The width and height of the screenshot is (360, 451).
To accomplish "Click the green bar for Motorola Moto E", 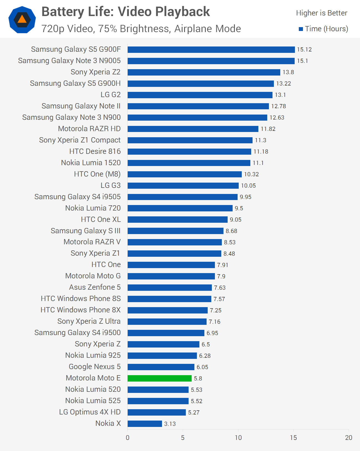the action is click(x=160, y=378).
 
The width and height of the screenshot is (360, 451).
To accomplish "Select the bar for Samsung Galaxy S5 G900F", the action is click(x=211, y=50).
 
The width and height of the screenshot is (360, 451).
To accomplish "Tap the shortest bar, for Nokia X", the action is click(x=145, y=424).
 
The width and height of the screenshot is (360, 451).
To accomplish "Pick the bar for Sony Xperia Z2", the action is click(x=204, y=72).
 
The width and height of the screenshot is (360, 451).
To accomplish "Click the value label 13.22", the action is click(x=283, y=84).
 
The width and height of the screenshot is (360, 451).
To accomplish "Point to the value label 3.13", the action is click(x=170, y=424).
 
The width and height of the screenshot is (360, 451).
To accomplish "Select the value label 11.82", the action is click(x=268, y=129).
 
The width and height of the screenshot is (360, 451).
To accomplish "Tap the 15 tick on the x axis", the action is click(x=293, y=438).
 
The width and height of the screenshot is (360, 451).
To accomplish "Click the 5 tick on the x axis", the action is click(x=183, y=438).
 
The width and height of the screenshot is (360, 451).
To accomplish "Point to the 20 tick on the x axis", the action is click(x=349, y=438).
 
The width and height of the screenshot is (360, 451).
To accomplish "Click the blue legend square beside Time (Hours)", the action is click(x=301, y=29).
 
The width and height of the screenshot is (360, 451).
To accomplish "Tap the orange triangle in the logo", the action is click(x=22, y=19).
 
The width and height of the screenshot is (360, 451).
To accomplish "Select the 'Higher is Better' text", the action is click(x=322, y=13).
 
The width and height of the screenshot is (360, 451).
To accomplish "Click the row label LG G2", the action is click(x=110, y=95).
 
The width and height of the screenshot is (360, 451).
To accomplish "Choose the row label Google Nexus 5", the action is click(x=95, y=367).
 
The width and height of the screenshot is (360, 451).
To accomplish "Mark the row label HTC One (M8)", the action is click(x=97, y=174).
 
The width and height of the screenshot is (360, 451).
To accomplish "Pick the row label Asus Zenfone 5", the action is click(x=95, y=287).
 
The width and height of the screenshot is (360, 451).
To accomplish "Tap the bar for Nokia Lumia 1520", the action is click(x=189, y=163).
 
